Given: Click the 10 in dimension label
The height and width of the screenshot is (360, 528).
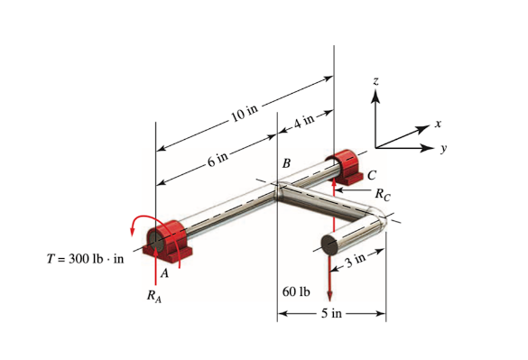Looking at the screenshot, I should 245,113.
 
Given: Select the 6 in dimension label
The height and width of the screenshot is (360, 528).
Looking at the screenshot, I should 218,160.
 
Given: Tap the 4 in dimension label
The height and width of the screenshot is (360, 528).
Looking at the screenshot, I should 304,120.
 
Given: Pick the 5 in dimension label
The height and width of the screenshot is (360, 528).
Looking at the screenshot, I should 331,314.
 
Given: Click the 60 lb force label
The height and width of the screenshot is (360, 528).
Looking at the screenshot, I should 296,291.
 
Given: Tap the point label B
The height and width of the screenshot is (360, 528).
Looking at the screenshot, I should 286,164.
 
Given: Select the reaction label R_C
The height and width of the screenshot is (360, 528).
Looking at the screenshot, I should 383,192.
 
